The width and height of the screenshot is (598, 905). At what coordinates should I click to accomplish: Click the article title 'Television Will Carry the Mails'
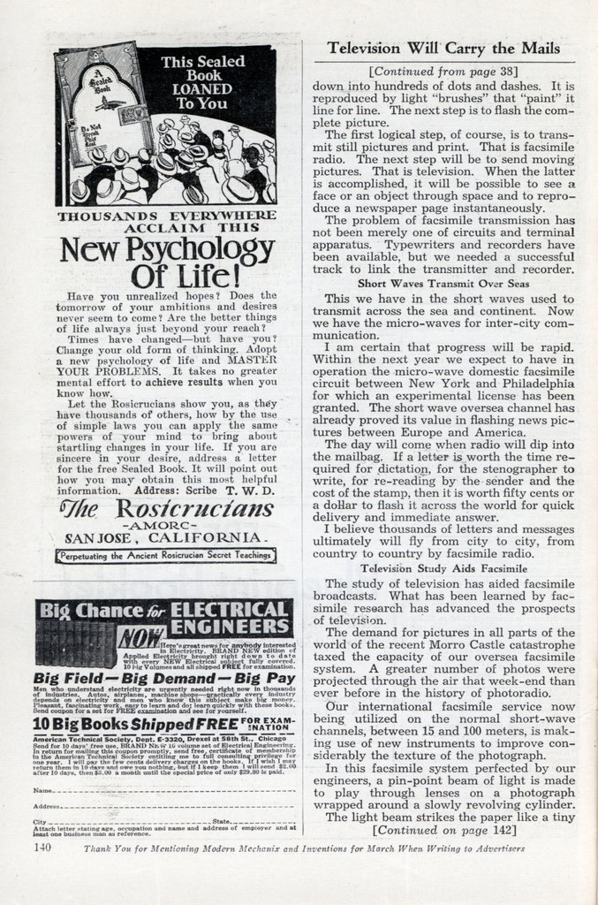(443, 49)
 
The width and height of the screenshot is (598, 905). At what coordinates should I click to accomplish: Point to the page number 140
(42, 848)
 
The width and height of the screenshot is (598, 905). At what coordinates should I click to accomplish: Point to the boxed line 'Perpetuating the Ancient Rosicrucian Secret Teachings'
(165, 556)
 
